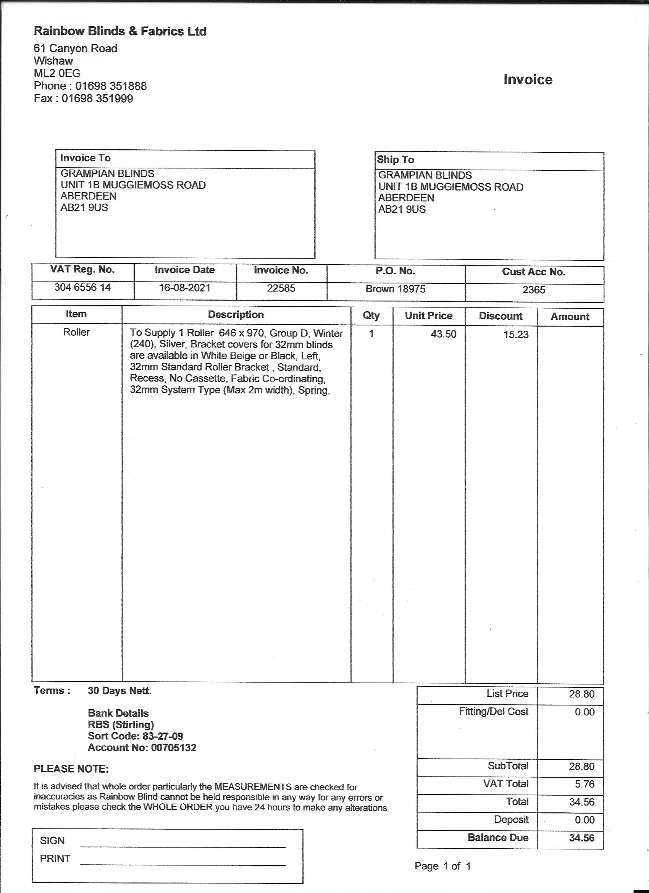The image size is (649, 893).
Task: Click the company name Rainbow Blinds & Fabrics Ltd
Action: [120, 31]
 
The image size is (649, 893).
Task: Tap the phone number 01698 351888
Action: [111, 86]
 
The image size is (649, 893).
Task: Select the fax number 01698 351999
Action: [97, 99]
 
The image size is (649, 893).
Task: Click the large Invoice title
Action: [528, 79]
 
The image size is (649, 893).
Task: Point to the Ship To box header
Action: [396, 160]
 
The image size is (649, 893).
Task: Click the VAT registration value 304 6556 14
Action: [82, 288]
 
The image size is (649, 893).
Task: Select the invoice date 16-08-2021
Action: [185, 288]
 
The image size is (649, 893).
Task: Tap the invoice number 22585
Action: [281, 288]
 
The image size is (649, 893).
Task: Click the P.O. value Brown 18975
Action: [395, 289]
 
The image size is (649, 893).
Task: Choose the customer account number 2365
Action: [534, 290]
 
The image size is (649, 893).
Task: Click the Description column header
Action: [236, 315]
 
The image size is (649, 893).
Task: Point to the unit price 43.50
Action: [443, 334]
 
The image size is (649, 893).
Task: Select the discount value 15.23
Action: [516, 335]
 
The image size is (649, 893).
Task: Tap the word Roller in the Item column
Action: [76, 332]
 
